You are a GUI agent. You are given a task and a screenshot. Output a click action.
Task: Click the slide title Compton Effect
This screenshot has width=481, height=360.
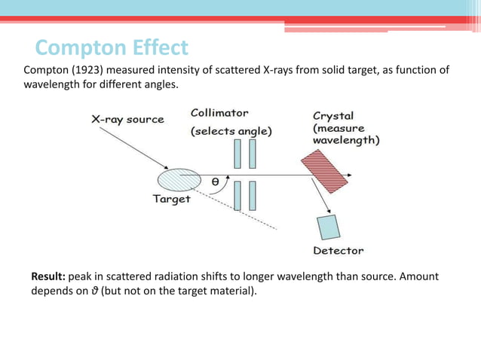point(112,48)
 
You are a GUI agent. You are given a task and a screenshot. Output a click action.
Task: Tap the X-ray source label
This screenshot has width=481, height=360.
point(128,118)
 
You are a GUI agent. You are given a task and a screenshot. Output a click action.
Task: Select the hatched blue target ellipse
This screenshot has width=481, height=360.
point(179,181)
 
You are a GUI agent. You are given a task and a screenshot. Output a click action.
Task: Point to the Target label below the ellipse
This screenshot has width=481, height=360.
point(171,200)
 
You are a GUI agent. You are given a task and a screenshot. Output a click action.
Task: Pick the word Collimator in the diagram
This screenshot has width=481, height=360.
point(219,114)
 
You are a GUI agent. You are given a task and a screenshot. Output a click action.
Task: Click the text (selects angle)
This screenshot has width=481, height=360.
point(231,131)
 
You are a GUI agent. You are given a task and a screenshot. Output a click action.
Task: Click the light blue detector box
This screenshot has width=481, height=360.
point(328,227)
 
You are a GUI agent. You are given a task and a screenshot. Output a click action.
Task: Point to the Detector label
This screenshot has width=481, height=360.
point(338,250)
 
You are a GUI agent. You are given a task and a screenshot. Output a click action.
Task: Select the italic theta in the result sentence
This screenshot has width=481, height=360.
point(94,291)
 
